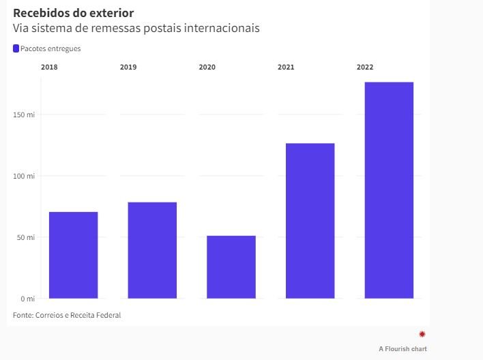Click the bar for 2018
pyautogui.click(x=73, y=255)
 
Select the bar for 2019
pyautogui.click(x=152, y=250)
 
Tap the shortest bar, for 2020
pyautogui.click(x=231, y=267)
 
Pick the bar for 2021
pyautogui.click(x=310, y=221)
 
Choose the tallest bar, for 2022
pyautogui.click(x=389, y=190)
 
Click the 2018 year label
pyautogui.click(x=49, y=67)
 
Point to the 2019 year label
pyautogui.click(x=128, y=67)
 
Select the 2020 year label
pyautogui.click(x=207, y=67)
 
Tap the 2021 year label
pyautogui.click(x=287, y=67)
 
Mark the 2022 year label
pyautogui.click(x=365, y=67)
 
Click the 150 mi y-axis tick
pyautogui.click(x=25, y=115)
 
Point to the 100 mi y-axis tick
pyautogui.click(x=25, y=176)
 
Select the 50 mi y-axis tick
pyautogui.click(x=26, y=237)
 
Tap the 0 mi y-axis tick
pyautogui.click(x=27, y=299)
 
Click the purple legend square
pyautogui.click(x=16, y=48)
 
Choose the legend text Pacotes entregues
pyautogui.click(x=50, y=48)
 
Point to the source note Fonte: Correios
pyautogui.click(x=61, y=315)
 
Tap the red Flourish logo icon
pyautogui.click(x=422, y=333)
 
